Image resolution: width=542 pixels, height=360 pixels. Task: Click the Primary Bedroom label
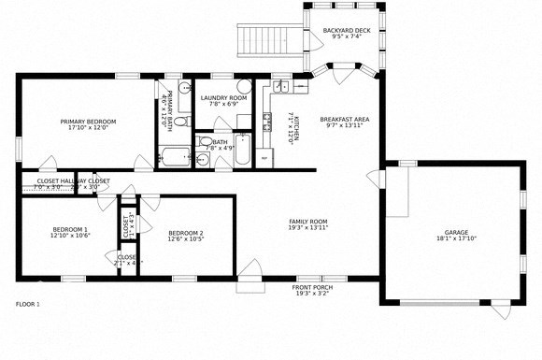pos(88,122)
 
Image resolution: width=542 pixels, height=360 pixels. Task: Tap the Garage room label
pos(456,232)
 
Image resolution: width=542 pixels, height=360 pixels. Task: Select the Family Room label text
pos(307,222)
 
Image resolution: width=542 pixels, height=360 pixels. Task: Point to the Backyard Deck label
pos(345,31)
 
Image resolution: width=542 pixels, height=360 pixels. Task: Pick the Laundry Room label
pos(224,97)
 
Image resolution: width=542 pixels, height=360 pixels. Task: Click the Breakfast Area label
pos(345,119)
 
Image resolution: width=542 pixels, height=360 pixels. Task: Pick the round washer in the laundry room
pos(245,86)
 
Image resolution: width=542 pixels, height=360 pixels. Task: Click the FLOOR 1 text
pos(28,304)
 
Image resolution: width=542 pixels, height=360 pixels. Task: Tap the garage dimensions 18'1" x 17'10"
pos(456,238)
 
